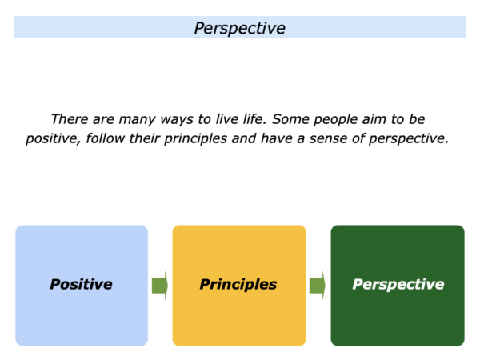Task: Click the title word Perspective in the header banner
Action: (240, 29)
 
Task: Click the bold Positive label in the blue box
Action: (81, 284)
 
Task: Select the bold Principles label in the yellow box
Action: (238, 285)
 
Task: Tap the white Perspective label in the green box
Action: (398, 285)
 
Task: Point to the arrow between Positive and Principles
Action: (160, 286)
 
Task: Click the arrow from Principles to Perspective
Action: (318, 286)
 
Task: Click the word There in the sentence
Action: (70, 119)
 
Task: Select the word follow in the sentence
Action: (106, 138)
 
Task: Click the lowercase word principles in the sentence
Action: (196, 139)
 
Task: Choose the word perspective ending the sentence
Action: (408, 139)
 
